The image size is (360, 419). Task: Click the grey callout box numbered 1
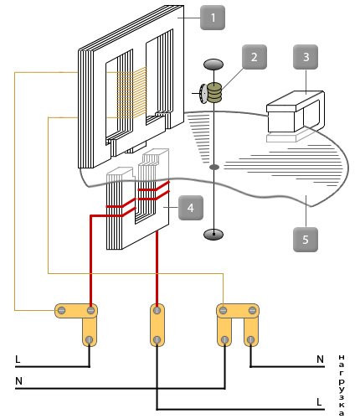point(213,18)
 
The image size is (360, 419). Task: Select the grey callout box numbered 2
point(255,57)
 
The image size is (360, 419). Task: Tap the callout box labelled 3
point(306,57)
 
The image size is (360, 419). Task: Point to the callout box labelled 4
point(191,208)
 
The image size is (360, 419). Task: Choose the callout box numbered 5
point(306,240)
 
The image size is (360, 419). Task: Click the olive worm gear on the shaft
point(214,92)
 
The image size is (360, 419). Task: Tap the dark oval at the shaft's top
point(213,65)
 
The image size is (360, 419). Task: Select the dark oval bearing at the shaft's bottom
point(213,235)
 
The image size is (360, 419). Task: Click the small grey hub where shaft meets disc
point(214,167)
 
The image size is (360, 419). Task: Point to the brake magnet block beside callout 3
point(296,111)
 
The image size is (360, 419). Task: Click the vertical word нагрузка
point(341,385)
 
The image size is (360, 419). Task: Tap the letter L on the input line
point(18,360)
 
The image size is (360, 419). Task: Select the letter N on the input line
point(18,381)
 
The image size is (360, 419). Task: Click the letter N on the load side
point(320,360)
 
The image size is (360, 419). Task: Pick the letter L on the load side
point(319,402)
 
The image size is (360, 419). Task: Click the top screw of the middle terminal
point(157,310)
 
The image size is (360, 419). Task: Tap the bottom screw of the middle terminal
point(157,339)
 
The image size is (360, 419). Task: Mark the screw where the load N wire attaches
point(251,339)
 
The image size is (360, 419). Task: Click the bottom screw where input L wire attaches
point(89,339)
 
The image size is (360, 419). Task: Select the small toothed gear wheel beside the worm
point(203,93)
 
